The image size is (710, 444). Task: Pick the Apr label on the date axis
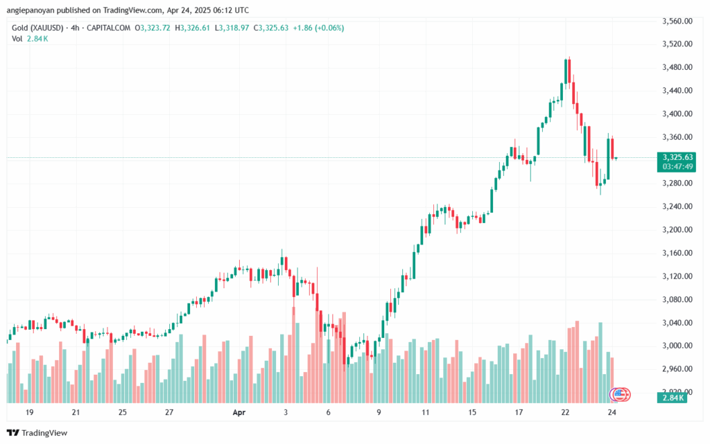(x=239, y=412)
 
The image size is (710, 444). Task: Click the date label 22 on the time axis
(x=565, y=412)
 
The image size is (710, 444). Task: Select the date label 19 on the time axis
(x=31, y=412)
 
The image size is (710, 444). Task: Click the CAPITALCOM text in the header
(x=113, y=28)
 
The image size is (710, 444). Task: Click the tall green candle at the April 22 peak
(x=566, y=71)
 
